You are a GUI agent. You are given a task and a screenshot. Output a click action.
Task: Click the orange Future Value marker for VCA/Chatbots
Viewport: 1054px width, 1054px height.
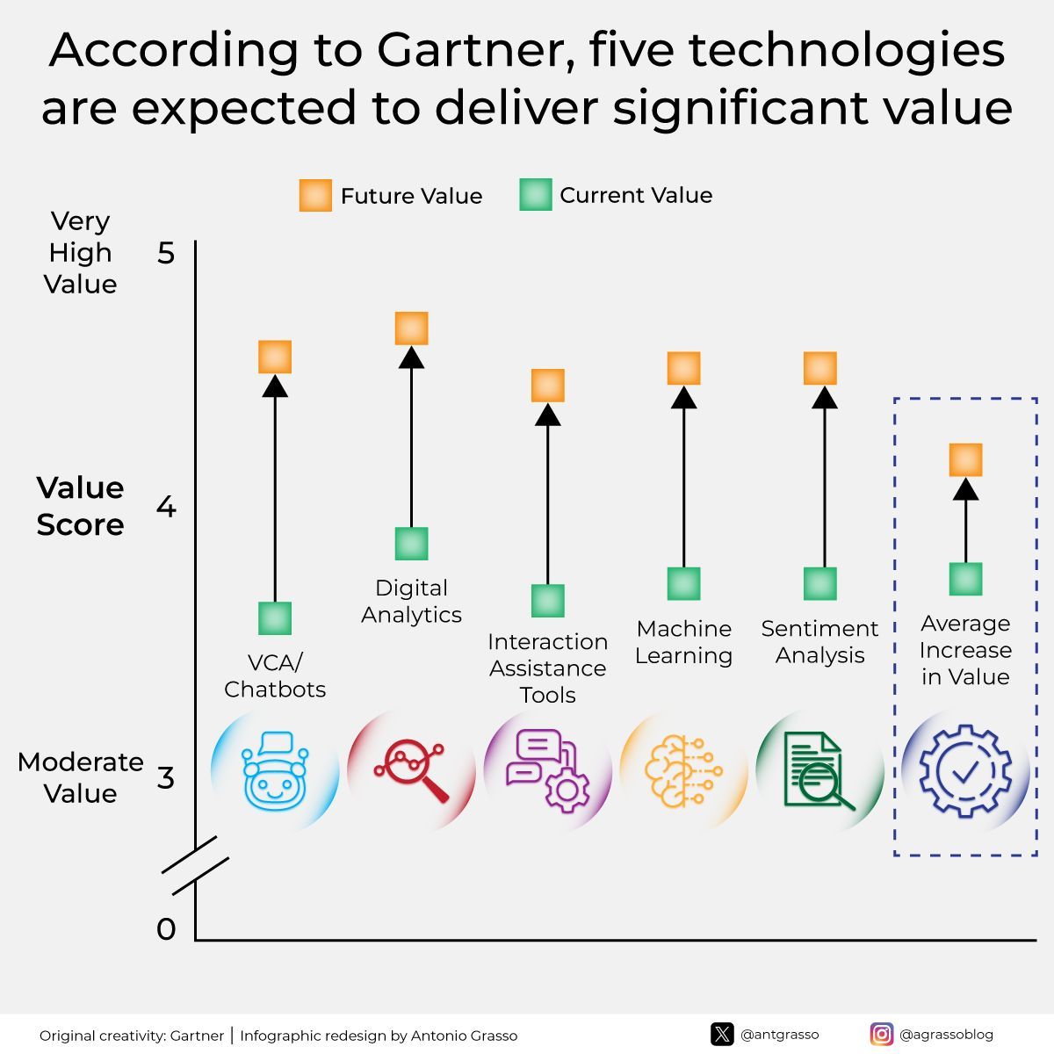[275, 357]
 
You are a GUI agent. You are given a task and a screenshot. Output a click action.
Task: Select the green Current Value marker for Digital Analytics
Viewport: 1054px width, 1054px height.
[411, 544]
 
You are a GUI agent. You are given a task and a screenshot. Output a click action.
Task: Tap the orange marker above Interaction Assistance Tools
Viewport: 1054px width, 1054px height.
[548, 386]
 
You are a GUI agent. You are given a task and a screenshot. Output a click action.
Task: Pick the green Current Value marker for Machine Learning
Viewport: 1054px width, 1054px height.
[683, 583]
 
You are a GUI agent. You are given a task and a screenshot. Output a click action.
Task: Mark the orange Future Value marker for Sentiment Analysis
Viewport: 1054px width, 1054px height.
[820, 368]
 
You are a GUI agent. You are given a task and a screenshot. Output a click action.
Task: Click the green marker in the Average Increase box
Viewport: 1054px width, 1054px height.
[965, 579]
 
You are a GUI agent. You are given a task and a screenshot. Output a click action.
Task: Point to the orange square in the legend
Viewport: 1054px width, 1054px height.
[315, 195]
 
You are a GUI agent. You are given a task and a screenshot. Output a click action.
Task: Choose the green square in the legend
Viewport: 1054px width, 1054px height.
[535, 195]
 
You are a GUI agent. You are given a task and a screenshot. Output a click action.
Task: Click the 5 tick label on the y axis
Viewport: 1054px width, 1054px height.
[166, 254]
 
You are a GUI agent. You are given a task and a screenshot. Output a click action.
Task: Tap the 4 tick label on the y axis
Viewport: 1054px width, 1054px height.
[166, 507]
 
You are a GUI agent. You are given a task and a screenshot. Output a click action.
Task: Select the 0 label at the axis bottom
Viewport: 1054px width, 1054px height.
[166, 928]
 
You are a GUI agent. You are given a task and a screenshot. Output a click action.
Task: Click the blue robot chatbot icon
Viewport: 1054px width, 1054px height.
[275, 771]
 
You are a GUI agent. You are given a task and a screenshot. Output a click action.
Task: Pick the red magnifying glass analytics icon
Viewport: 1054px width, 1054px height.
[411, 771]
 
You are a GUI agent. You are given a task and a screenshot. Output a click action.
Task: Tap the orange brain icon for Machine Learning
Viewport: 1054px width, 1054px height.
[683, 771]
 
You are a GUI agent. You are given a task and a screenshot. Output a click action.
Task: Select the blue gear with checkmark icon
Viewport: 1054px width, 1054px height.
[965, 771]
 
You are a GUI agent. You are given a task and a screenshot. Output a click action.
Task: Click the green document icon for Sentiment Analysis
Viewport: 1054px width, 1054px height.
[819, 771]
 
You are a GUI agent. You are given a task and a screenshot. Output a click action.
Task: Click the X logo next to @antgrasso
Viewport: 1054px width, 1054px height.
[722, 1034]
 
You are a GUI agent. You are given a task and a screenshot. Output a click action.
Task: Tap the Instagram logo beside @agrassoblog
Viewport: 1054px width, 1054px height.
[882, 1034]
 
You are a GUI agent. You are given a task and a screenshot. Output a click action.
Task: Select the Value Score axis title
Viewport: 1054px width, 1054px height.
[80, 506]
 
